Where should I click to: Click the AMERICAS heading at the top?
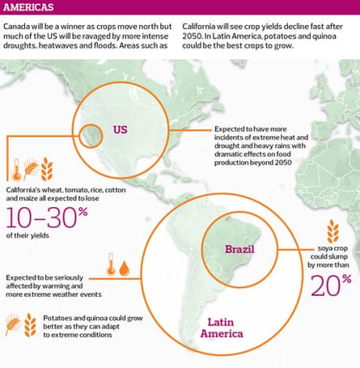29,9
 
